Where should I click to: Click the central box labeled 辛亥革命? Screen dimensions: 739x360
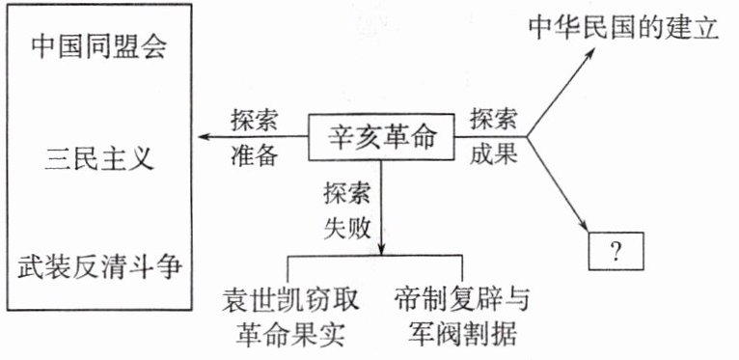[x=381, y=137]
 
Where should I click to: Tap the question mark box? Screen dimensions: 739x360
[x=616, y=251]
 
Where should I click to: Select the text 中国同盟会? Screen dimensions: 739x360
[x=99, y=47]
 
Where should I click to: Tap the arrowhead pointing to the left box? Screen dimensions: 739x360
[x=204, y=137]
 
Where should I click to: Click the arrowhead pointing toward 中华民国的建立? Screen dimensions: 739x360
[x=589, y=52]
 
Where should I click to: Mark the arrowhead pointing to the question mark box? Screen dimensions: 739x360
[x=585, y=225]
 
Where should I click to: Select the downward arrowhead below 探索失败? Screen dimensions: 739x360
[x=381, y=249]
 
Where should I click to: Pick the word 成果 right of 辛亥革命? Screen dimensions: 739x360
[x=493, y=154]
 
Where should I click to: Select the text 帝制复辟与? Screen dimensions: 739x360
[x=462, y=299]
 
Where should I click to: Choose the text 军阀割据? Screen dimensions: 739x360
[x=463, y=333]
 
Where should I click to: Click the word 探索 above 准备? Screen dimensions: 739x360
[x=254, y=122]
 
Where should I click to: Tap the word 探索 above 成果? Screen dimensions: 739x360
[x=493, y=120]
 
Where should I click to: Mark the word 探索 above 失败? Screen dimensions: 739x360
[x=347, y=194]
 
